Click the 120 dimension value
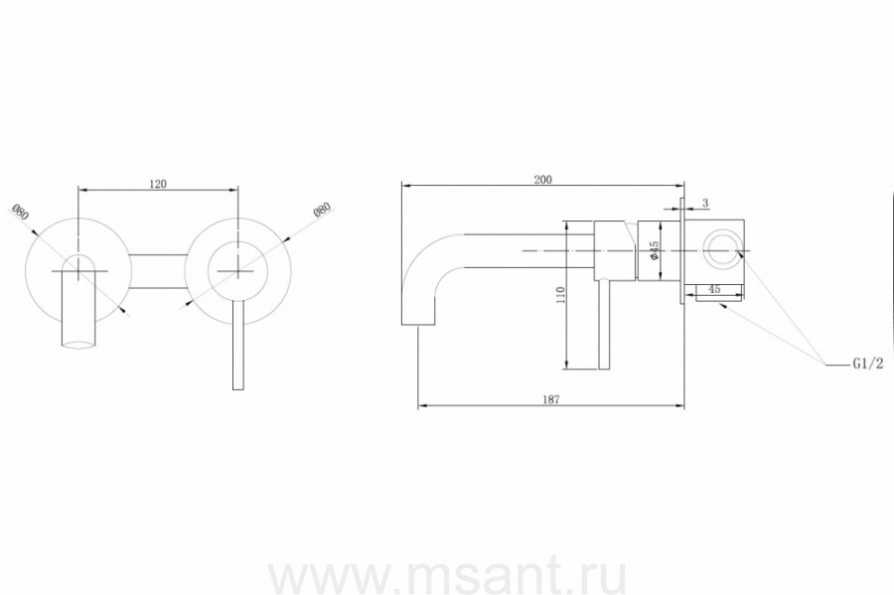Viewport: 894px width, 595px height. point(158,184)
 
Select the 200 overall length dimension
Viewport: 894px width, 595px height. point(542,180)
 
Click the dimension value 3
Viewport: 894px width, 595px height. point(704,203)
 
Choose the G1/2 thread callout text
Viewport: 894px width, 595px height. point(867,365)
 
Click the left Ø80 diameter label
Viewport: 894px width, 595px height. point(21,212)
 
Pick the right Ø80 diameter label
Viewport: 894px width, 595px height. point(321,212)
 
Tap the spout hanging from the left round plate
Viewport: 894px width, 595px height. point(76,313)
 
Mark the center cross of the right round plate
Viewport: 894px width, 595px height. point(237,269)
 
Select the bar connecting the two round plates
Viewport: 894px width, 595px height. point(158,271)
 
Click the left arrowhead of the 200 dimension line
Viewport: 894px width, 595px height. point(403,185)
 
